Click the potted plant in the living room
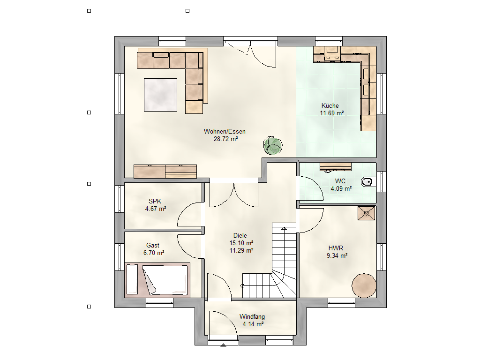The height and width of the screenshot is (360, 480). [x=273, y=145]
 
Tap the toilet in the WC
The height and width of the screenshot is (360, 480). [x=367, y=182]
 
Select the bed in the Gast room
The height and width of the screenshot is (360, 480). [x=157, y=280]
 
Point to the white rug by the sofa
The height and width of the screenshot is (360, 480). [x=160, y=95]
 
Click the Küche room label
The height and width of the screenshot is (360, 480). [x=330, y=105]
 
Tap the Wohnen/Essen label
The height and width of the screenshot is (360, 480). [x=225, y=131]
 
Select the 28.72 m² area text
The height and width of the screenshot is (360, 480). [x=225, y=139]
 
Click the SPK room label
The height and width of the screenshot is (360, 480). [x=155, y=201]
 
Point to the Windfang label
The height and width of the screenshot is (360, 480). [x=252, y=316]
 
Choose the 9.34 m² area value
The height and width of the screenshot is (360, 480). [x=337, y=255]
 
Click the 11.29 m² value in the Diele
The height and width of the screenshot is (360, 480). [x=241, y=250]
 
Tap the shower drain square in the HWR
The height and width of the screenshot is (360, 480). [x=367, y=213]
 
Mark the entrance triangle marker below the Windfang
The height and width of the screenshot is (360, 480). [x=224, y=345]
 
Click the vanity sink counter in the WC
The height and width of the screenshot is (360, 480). [x=336, y=167]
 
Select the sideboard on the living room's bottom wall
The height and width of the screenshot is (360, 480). [x=165, y=172]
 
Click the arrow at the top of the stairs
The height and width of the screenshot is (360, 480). [x=284, y=229]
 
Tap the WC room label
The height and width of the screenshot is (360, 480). [x=340, y=181]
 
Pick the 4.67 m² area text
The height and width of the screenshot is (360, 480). [x=156, y=209]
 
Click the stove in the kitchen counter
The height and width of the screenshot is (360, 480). [x=332, y=52]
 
